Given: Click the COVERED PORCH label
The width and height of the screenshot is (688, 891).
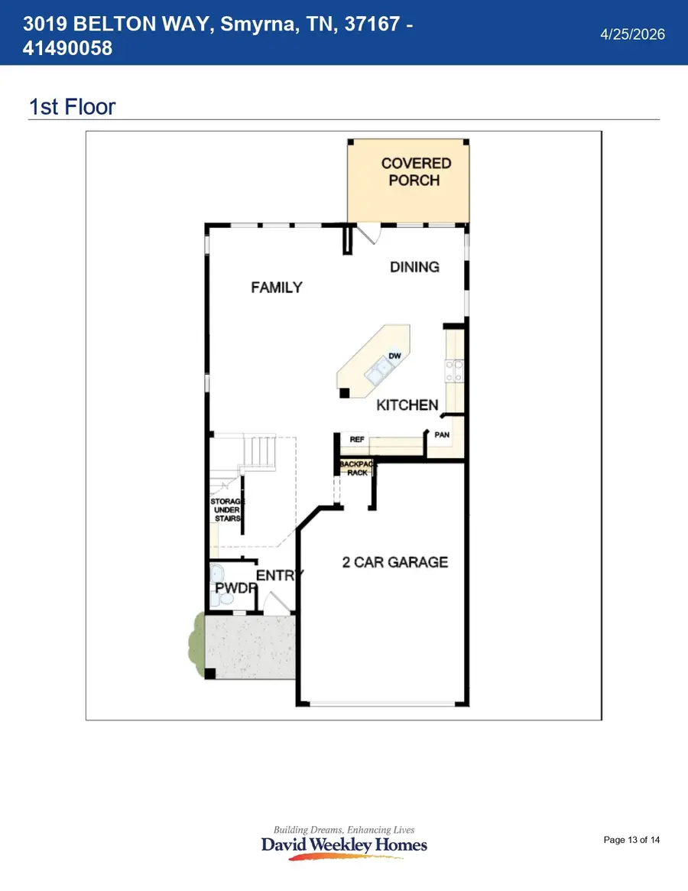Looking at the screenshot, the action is [x=416, y=171].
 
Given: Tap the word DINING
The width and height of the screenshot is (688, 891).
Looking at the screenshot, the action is [x=415, y=267].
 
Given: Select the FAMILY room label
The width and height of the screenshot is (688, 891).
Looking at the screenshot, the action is [x=277, y=288].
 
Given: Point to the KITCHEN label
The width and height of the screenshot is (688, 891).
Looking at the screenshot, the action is [x=407, y=405].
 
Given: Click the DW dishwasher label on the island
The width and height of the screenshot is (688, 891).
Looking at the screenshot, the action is [x=395, y=356].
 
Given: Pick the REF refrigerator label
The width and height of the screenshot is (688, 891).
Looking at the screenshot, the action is [x=357, y=439].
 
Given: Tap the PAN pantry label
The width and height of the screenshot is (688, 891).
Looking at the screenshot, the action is [x=442, y=434].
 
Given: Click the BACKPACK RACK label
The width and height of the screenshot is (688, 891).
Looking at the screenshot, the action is [x=357, y=468].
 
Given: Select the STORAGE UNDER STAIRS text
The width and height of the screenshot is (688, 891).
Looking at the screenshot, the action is [x=227, y=509].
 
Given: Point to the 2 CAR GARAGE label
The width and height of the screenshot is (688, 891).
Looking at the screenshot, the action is [x=395, y=562].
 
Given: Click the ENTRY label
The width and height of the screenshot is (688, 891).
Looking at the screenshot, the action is [x=280, y=576].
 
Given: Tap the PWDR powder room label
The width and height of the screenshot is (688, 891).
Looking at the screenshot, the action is [x=235, y=588].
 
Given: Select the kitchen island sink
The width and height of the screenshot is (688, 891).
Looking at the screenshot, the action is [x=379, y=370].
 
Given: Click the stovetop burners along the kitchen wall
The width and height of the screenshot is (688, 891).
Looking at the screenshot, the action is [x=454, y=370].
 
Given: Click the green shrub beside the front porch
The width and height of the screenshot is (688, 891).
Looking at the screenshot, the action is [x=196, y=644].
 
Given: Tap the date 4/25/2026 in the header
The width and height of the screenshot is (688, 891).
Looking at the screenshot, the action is [x=632, y=34].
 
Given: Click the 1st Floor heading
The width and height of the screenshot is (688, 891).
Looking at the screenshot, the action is [x=72, y=107].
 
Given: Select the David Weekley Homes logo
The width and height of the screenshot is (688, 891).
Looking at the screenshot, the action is [x=344, y=842].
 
